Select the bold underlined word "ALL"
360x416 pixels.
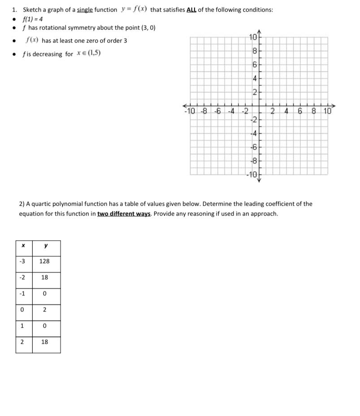pyautogui.click(x=187, y=10)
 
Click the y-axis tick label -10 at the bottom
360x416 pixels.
pyautogui.click(x=251, y=174)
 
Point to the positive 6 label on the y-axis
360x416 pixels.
pyautogui.click(x=254, y=65)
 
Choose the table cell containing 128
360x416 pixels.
pyautogui.click(x=44, y=261)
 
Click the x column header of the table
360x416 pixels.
pyautogui.click(x=22, y=245)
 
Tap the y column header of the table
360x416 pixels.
pyautogui.click(x=44, y=245)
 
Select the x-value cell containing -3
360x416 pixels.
pyautogui.click(x=22, y=261)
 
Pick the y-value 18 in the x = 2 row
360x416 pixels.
pyautogui.click(x=44, y=342)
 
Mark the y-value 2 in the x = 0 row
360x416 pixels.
pyautogui.click(x=44, y=310)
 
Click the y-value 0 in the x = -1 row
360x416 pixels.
pyautogui.click(x=44, y=294)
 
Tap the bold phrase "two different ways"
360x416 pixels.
pyautogui.click(x=124, y=213)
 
